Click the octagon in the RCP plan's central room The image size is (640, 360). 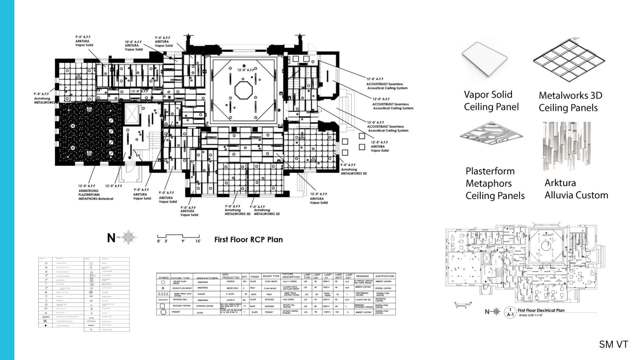pyautogui.click(x=244, y=90)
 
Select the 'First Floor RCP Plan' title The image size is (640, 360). pyautogui.click(x=248, y=239)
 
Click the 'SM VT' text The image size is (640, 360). pyautogui.click(x=613, y=344)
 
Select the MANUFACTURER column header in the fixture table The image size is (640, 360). pyautogui.click(x=207, y=278)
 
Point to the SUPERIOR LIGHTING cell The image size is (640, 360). pyautogui.click(x=204, y=306)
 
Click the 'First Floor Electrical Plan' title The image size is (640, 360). pyautogui.click(x=541, y=310)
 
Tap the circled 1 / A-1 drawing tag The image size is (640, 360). pyautogui.click(x=510, y=312)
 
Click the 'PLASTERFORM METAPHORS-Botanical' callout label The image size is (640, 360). pyautogui.click(x=96, y=195)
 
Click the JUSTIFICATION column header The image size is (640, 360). pyautogui.click(x=384, y=276)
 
